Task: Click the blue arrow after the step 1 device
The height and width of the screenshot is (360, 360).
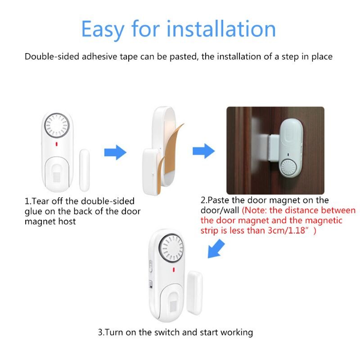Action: (x=116, y=152)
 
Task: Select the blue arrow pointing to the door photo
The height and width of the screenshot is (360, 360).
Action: (x=203, y=151)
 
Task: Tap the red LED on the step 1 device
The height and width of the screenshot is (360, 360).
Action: (x=56, y=145)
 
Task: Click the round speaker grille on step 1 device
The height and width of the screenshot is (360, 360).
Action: (x=56, y=125)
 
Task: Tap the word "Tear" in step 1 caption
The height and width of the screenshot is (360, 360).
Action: (x=40, y=201)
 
